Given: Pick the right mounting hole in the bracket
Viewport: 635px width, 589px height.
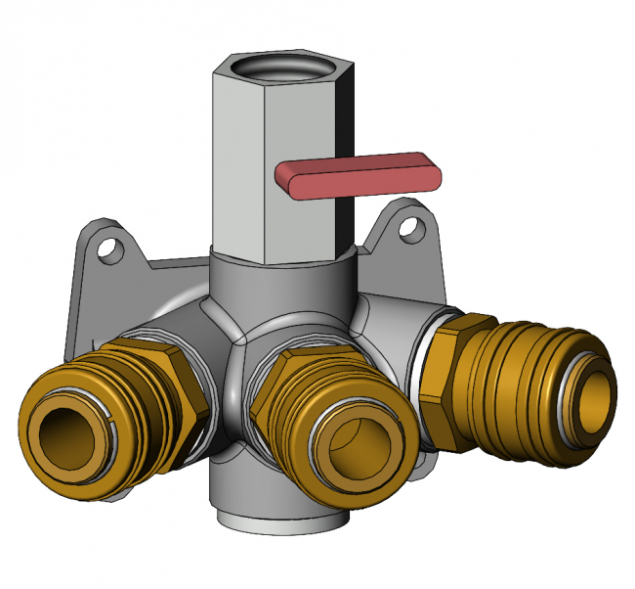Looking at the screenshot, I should pos(414,229).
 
